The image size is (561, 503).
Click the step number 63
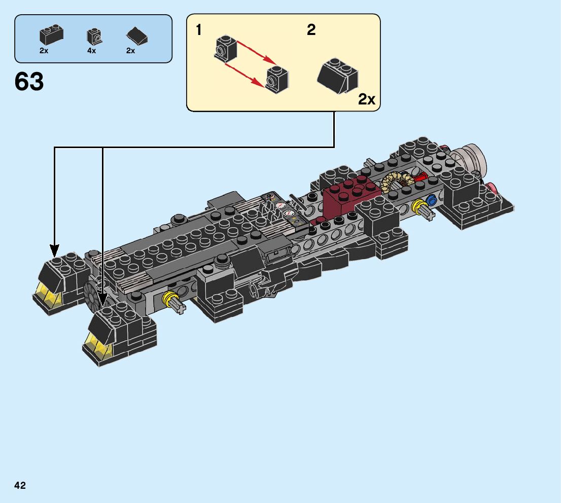tap(29, 81)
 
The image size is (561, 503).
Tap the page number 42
tap(20, 485)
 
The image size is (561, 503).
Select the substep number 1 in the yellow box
tap(199, 30)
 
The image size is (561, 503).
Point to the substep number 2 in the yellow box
tap(311, 30)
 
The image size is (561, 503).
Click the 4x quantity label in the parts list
tap(92, 51)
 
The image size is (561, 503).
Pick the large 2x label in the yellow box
tap(367, 99)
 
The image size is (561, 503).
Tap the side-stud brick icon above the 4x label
tap(94, 36)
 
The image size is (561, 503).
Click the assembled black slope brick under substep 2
tap(337, 76)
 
